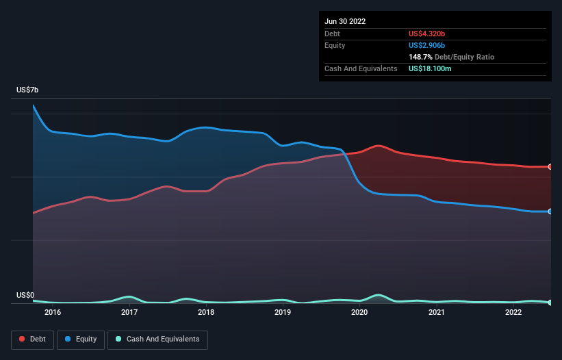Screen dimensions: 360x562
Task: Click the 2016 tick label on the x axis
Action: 53,313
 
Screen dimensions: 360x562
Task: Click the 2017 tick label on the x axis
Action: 129,313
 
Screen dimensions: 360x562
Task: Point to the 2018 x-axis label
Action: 206,313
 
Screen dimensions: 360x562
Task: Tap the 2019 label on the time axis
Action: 283,313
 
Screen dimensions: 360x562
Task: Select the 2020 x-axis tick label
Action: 359,313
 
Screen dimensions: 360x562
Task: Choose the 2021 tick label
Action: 436,313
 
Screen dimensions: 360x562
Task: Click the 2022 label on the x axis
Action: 513,313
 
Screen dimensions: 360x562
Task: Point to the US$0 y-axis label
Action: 25,296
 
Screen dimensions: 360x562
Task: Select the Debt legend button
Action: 31,339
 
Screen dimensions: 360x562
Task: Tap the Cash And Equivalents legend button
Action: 157,339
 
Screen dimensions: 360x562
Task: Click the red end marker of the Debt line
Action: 550,167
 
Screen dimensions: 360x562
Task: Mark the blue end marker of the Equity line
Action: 550,211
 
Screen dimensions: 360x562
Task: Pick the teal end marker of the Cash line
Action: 550,303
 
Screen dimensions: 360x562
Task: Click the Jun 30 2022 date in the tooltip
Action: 345,21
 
